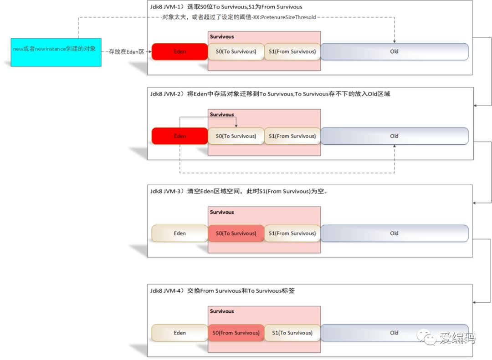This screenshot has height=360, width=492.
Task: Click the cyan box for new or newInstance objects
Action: point(56,52)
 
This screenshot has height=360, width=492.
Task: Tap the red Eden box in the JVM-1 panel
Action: point(179,51)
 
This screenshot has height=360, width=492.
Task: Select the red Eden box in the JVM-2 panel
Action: point(179,136)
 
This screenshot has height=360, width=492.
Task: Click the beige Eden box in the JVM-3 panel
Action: point(179,233)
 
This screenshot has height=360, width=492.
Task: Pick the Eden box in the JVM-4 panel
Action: point(179,333)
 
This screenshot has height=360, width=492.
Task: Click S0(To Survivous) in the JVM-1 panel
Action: point(236,51)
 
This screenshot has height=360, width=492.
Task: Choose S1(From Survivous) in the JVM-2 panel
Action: point(292,136)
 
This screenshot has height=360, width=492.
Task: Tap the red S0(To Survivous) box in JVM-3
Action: point(236,233)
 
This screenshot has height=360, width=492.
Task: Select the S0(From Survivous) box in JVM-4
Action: point(236,333)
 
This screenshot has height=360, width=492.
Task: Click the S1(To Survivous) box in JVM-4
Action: point(292,333)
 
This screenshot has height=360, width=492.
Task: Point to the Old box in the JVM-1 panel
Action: point(395,51)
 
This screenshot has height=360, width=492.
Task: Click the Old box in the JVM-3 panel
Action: point(395,233)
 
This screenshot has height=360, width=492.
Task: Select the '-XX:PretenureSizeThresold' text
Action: point(284,17)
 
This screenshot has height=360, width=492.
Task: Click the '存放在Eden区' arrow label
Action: point(126,52)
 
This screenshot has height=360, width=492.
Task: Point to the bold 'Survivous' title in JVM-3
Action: point(222,212)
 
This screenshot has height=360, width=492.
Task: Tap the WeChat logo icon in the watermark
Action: point(426,337)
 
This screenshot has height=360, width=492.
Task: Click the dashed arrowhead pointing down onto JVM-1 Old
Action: point(395,41)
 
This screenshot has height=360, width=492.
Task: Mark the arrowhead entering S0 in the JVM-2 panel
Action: point(236,126)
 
